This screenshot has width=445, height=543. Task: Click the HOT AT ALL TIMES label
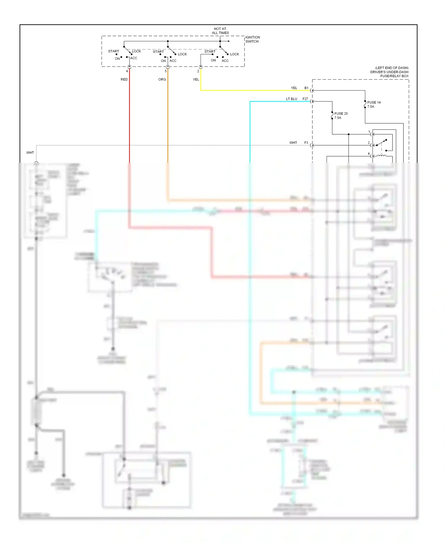220,31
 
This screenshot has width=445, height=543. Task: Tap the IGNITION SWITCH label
252,39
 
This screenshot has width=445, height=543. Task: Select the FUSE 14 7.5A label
374,104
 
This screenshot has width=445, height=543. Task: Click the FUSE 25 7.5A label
341,116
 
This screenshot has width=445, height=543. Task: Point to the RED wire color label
124,79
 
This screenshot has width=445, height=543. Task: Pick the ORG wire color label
162,79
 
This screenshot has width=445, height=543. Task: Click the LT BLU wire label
291,99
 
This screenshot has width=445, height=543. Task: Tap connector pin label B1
306,88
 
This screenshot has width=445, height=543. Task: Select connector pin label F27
305,99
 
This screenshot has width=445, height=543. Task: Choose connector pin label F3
306,143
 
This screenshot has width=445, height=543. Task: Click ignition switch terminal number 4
127,71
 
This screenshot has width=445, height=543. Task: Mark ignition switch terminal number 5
166,71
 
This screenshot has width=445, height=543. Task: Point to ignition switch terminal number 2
198,71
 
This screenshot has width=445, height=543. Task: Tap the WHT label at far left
30,152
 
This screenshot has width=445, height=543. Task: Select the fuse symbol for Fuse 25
332,116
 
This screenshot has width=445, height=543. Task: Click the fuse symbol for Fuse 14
365,104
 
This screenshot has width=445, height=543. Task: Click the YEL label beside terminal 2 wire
196,79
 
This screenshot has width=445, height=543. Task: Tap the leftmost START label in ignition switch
113,51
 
